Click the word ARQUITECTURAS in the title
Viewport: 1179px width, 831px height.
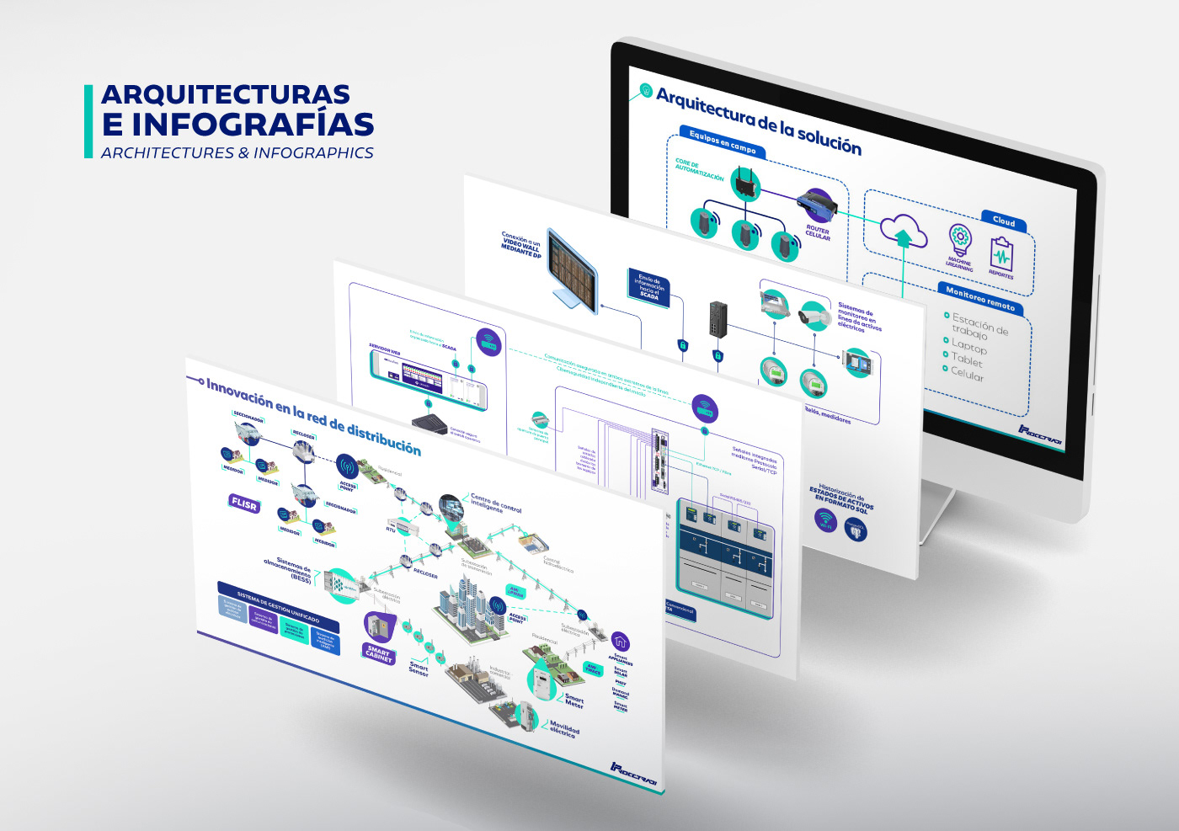pos(225,94)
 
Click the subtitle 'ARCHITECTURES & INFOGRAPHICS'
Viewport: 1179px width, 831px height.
pos(237,153)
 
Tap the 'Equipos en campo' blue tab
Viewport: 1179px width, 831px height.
pos(722,141)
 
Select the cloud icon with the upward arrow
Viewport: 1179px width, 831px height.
pos(903,230)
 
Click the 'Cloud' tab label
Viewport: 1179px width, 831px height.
pos(1003,221)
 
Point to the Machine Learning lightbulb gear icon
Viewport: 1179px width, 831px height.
pos(960,240)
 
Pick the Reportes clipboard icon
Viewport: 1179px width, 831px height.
pos(1001,253)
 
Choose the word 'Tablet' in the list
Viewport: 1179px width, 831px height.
pos(967,360)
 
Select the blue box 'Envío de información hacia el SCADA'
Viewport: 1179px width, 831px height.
pos(648,286)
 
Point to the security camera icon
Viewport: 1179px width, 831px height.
pos(814,316)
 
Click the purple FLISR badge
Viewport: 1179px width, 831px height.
pos(244,503)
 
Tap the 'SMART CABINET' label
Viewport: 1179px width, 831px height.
pos(379,653)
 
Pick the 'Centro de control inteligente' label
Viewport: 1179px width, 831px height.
pos(495,504)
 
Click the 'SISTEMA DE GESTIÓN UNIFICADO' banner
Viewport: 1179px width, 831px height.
pos(278,605)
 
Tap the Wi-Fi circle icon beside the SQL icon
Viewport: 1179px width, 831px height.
pos(826,519)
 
